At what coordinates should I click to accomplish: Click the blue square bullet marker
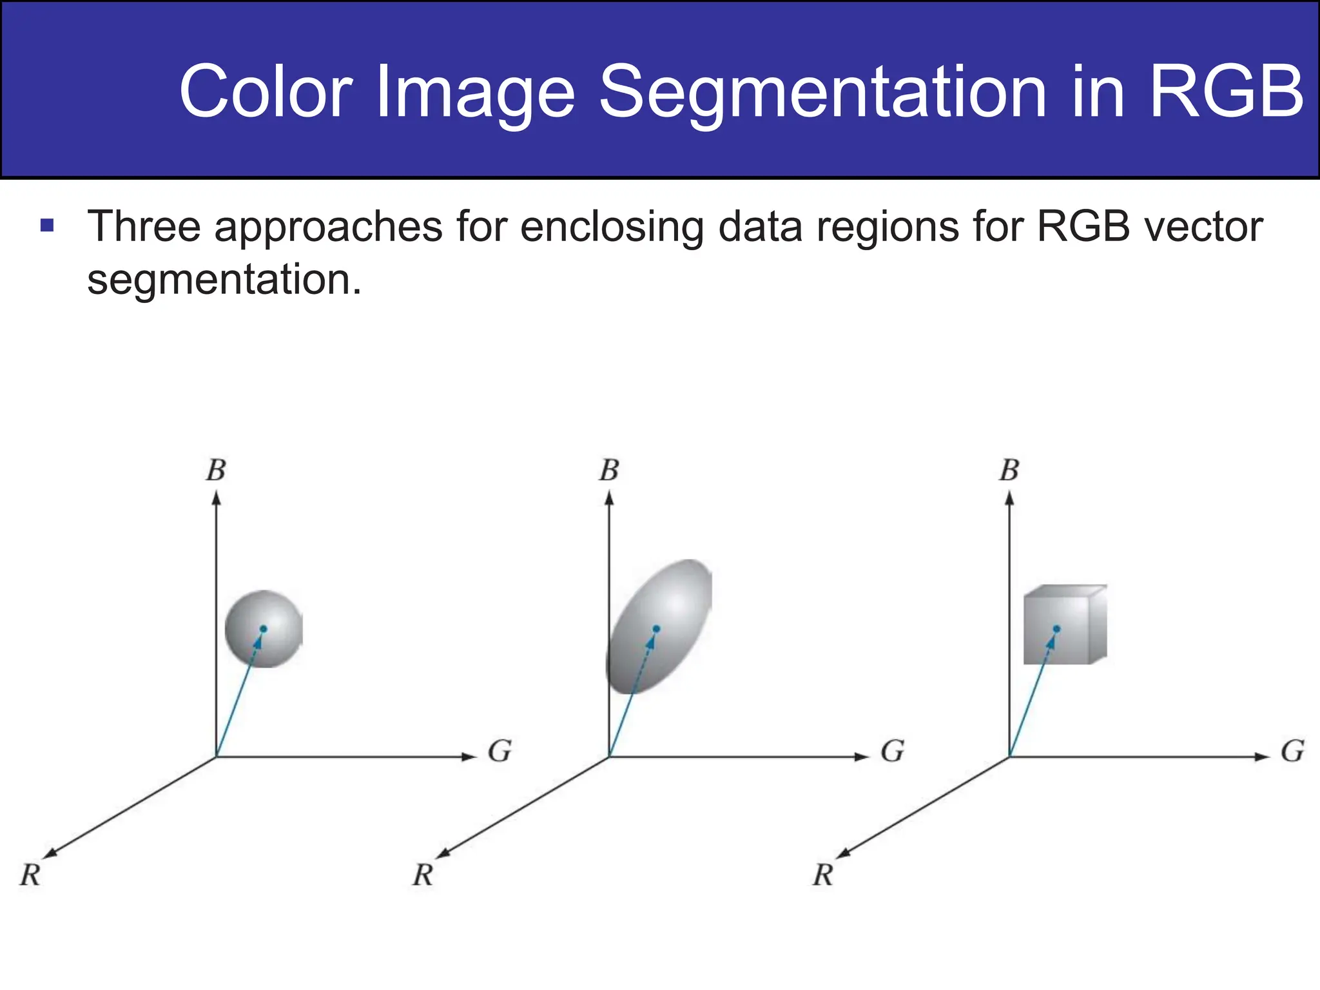click(47, 226)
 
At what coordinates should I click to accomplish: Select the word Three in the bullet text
click(144, 226)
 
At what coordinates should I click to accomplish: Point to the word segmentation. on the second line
click(224, 280)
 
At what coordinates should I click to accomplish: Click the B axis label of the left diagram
click(216, 471)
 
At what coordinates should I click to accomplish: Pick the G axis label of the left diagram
click(500, 751)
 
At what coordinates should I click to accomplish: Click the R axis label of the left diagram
click(30, 875)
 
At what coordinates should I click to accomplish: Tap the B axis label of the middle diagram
click(609, 471)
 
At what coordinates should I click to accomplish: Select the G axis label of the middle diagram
click(893, 751)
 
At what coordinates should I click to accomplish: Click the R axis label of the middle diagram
click(423, 875)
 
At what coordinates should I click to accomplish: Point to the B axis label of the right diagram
click(1009, 471)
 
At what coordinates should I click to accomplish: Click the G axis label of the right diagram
click(1292, 751)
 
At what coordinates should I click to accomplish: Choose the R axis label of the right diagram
click(823, 875)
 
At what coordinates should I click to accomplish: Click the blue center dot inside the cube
click(1056, 628)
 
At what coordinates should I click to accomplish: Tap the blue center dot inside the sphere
click(263, 628)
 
